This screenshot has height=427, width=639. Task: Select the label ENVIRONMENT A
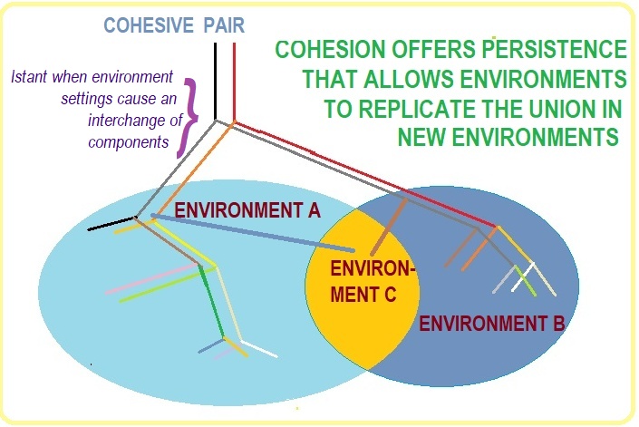[247, 210]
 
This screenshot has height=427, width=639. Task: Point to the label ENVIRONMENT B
[494, 323]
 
